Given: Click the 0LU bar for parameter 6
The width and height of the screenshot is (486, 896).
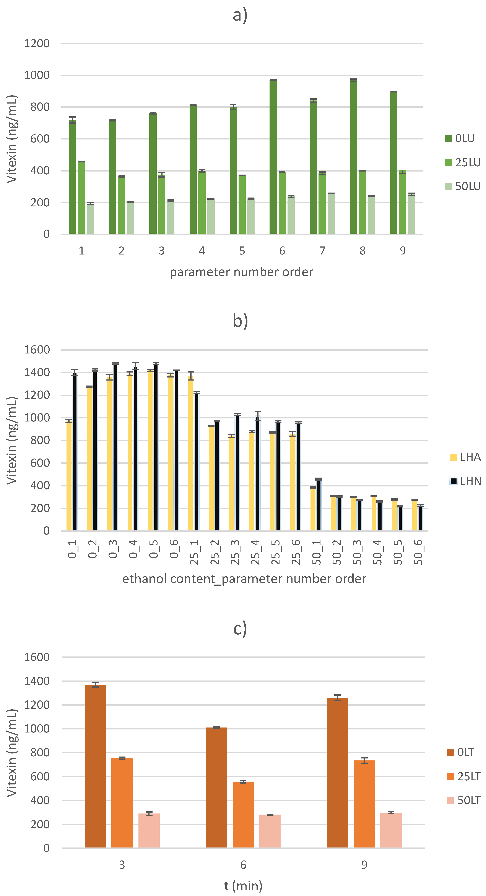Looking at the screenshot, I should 273,157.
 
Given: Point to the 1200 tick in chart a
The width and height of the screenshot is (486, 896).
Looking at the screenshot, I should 37,44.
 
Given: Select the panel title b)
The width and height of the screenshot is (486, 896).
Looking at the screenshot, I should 240,321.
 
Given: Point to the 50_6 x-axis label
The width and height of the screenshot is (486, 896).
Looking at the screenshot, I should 418,552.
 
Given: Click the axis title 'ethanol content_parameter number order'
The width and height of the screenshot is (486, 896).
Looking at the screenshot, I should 244,579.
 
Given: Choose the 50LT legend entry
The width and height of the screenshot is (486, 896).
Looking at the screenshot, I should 464,800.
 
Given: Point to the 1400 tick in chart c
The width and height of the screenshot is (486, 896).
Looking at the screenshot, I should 37,681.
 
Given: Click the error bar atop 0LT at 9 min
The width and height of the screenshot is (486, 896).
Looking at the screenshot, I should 337,697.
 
